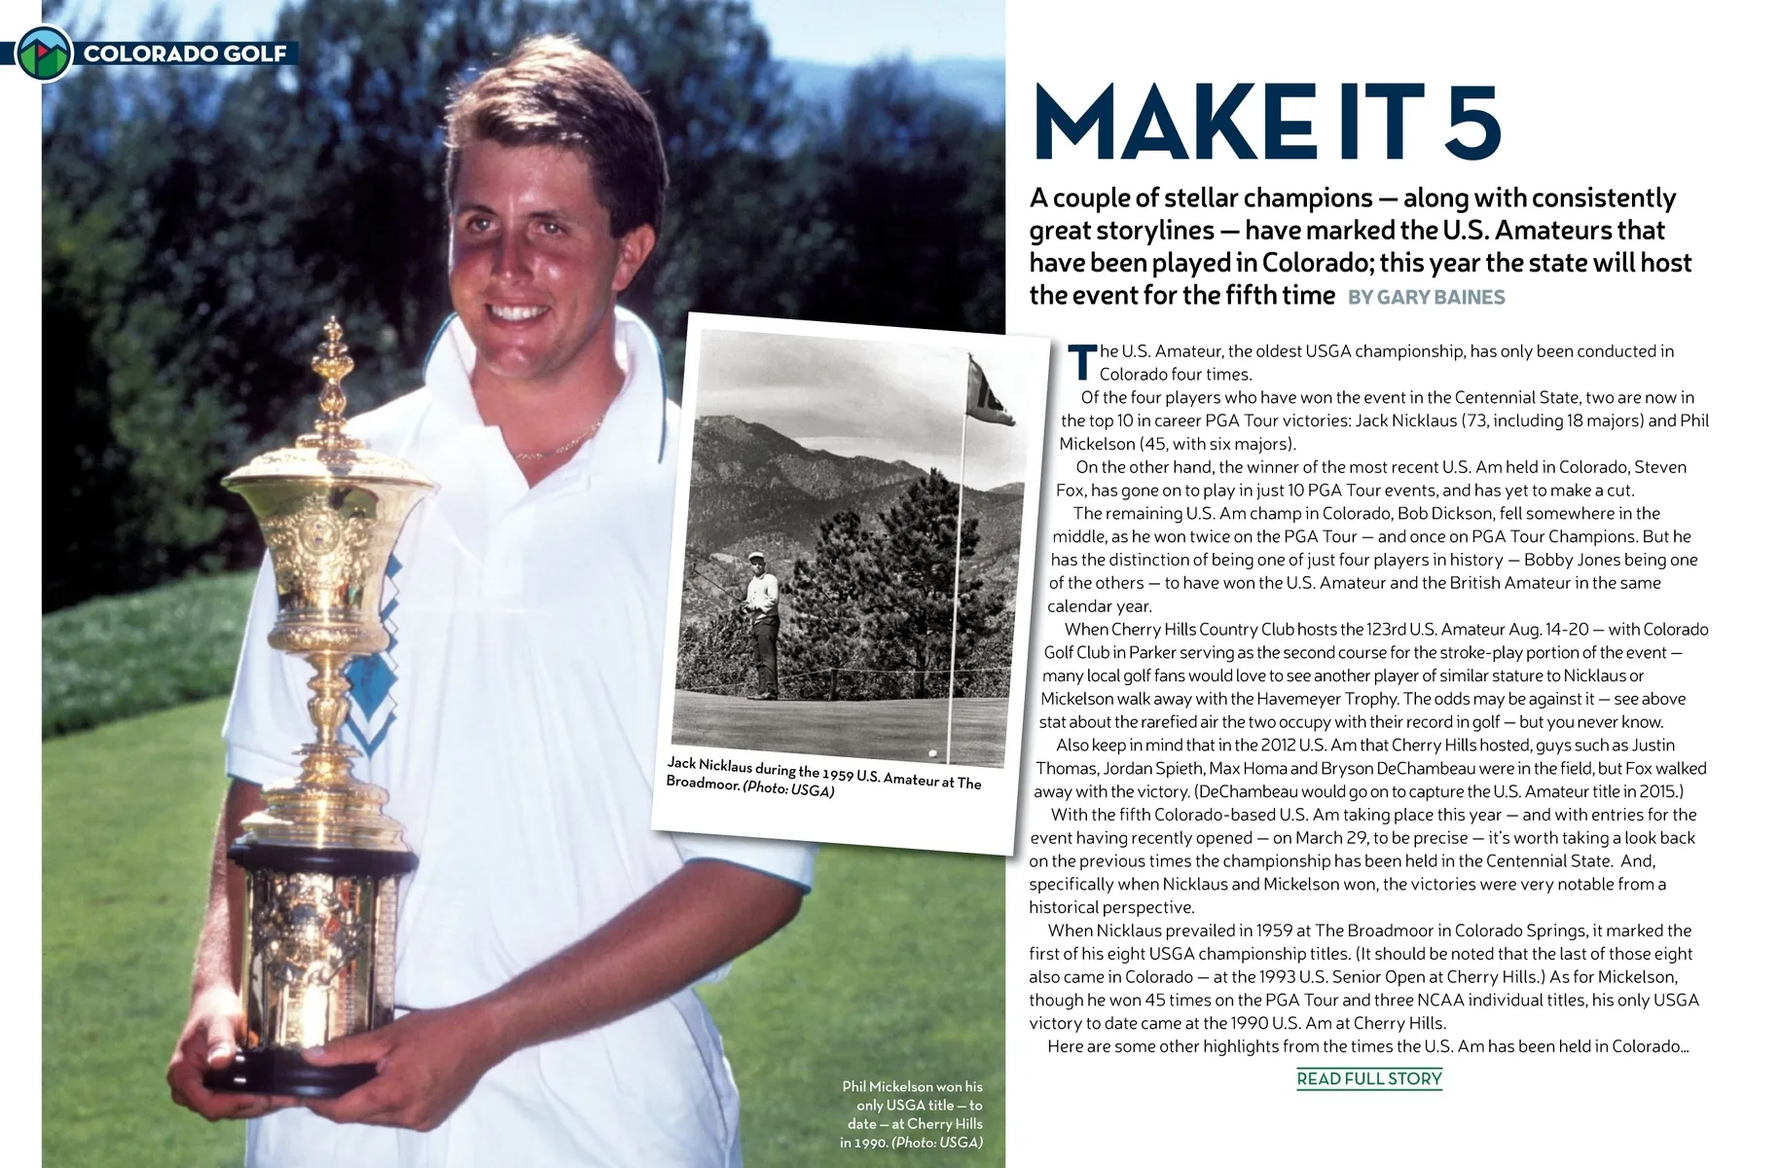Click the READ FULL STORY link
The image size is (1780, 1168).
[1368, 1078]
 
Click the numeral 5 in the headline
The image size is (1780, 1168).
[1467, 124]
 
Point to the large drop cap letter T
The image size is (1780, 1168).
[1082, 363]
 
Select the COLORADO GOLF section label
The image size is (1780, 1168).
[185, 54]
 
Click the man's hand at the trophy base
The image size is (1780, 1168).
[389, 1051]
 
